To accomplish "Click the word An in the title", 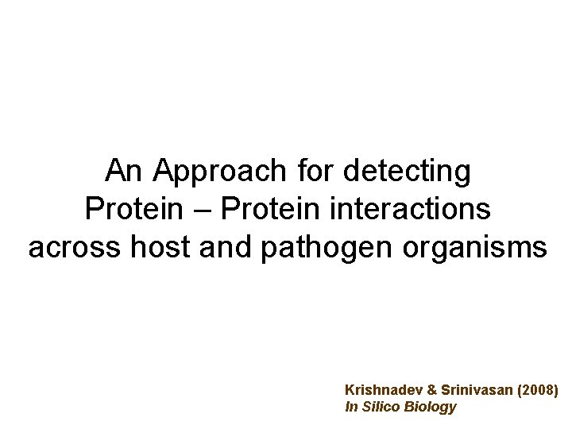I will (x=125, y=170).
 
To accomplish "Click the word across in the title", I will (x=71, y=248).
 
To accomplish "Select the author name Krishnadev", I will (x=381, y=391).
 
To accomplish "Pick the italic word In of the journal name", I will (x=351, y=407).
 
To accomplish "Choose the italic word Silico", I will (x=382, y=407).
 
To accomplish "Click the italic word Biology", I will (x=431, y=408).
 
